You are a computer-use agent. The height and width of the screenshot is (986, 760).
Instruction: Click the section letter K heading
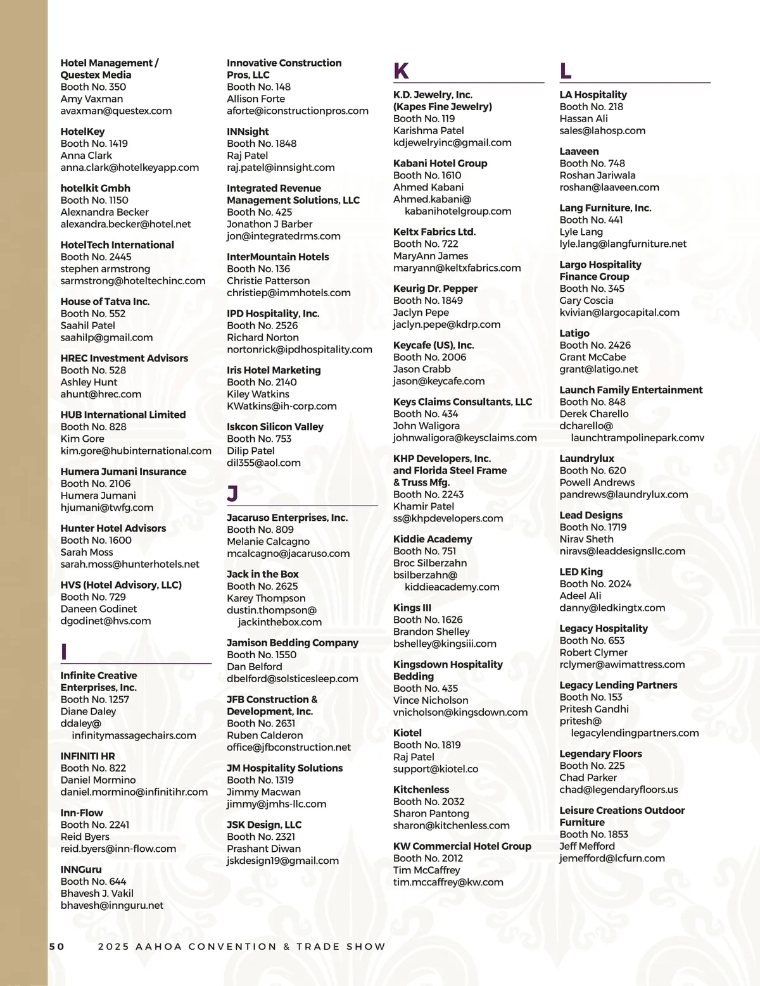point(401,71)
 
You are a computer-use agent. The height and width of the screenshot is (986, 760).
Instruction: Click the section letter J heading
point(232,494)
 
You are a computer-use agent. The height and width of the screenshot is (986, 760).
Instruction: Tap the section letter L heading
point(566,71)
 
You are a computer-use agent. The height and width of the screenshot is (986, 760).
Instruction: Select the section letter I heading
point(64,652)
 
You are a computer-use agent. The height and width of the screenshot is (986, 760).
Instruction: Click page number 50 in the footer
point(57,947)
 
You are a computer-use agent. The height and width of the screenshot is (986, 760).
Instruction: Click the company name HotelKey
point(82,132)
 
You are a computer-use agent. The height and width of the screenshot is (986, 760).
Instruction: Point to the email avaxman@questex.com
point(116,111)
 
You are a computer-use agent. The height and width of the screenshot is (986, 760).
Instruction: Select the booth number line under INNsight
point(262,144)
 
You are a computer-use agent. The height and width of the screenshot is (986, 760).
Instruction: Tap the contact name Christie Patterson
point(268,280)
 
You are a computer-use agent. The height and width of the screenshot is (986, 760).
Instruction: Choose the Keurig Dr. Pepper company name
point(435,289)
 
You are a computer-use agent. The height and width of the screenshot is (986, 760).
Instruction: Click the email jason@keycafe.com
point(438,381)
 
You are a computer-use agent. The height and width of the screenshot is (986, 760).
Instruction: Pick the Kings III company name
point(412,608)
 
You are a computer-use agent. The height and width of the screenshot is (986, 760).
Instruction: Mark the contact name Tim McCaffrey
point(426,870)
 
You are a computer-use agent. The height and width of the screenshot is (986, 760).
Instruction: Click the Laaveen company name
point(579,151)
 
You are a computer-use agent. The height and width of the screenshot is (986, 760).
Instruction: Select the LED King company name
point(581,572)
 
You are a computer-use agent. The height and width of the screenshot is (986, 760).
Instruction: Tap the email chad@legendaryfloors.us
point(618,789)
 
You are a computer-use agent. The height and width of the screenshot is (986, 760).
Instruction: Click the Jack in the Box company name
point(262,575)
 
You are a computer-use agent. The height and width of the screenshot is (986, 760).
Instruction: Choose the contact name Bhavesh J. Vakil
point(97,894)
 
